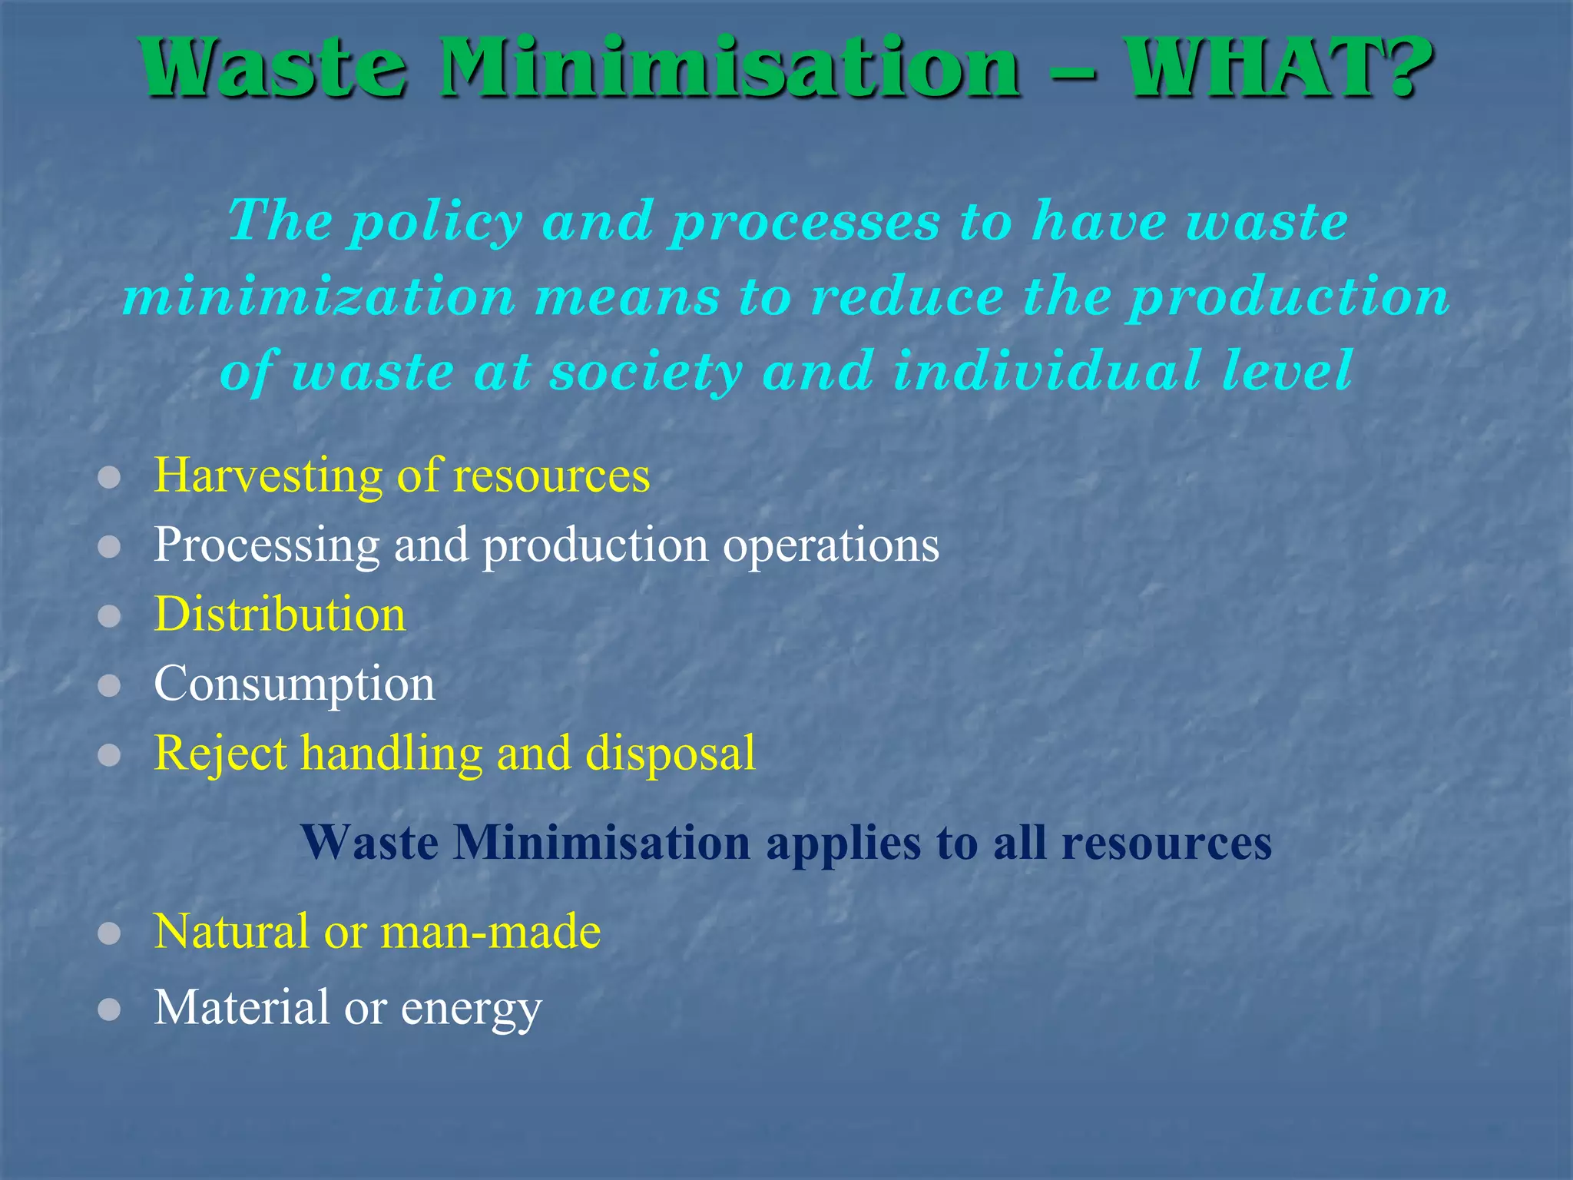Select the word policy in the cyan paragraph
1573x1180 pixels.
pos(436,222)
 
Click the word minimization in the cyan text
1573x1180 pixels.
pos(319,297)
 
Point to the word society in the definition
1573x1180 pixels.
pos(646,372)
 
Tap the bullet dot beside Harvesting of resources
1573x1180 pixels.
pos(110,478)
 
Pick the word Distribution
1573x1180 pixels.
pos(280,615)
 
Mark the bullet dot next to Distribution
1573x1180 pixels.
pos(110,616)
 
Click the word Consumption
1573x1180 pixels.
pos(294,684)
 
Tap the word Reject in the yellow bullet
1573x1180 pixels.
pos(220,754)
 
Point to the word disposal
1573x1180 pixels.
pos(671,753)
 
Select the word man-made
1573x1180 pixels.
pos(491,932)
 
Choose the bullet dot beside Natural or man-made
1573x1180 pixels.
pos(110,933)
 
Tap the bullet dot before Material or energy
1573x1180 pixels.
pos(110,1009)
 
